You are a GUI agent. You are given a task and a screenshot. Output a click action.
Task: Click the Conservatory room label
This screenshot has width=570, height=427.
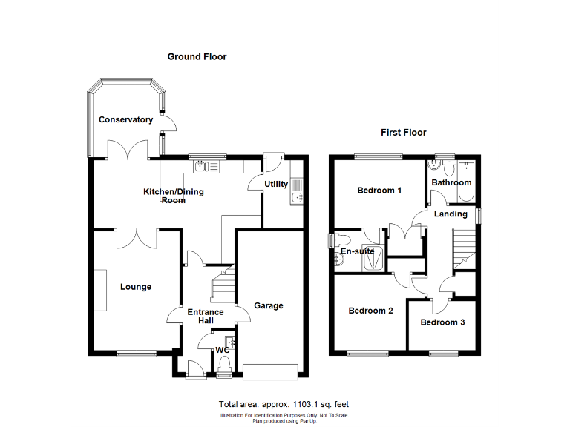[125, 119]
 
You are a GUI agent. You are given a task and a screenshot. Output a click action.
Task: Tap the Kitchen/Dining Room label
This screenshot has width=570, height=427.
[173, 196]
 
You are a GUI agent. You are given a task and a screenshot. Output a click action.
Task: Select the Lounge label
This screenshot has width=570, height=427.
[135, 287]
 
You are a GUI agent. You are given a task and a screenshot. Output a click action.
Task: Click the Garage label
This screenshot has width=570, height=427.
[269, 305]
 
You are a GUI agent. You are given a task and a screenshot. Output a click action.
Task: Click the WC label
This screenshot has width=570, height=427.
[222, 350]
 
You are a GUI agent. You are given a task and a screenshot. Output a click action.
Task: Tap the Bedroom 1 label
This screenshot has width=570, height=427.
[379, 191]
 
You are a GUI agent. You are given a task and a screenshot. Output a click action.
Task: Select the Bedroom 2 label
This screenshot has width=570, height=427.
[371, 311]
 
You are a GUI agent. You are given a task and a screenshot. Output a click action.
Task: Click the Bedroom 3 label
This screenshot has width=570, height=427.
[443, 322]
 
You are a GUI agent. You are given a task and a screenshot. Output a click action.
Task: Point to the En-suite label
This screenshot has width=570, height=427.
[357, 251]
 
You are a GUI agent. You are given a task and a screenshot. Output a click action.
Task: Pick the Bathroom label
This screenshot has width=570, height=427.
[451, 182]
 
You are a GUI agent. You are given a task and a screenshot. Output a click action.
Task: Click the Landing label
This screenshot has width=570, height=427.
[451, 213]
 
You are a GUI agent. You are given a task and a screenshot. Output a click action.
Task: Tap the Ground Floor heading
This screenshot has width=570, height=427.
[197, 56]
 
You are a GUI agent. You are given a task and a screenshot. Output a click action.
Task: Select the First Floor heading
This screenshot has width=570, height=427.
[403, 133]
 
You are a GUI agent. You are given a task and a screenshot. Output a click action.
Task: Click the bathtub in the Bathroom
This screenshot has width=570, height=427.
[468, 181]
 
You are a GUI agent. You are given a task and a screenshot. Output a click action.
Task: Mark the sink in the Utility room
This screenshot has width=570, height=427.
[296, 196]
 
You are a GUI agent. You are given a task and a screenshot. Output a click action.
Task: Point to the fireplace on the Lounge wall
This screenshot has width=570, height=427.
[96, 288]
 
